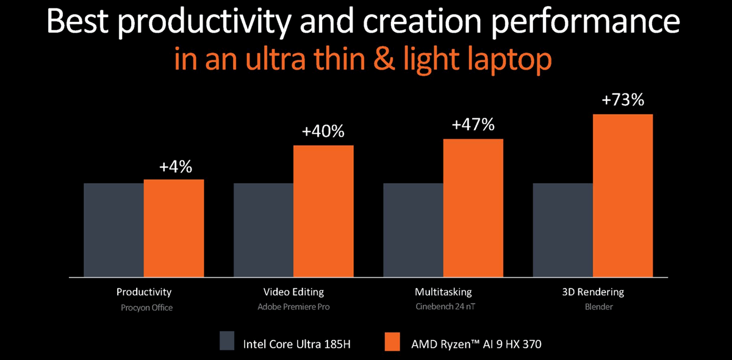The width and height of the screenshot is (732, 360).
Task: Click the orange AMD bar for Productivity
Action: tap(174, 228)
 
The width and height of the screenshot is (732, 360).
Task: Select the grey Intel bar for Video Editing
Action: tap(264, 230)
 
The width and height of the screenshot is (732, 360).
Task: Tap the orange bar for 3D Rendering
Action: tap(623, 195)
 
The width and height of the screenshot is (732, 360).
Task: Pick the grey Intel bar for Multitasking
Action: tap(413, 230)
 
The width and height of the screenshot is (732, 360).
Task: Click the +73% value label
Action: tap(623, 99)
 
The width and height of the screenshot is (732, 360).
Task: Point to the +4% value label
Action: tap(174, 166)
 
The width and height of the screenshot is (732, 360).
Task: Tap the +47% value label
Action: tap(473, 124)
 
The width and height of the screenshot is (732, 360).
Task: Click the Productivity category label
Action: tap(144, 292)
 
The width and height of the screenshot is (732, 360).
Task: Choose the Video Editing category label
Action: tap(293, 292)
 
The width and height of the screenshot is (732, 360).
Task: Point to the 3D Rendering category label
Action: tap(593, 292)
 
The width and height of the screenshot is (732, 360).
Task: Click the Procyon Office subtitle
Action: tap(146, 308)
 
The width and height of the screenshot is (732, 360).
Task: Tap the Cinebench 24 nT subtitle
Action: tap(444, 307)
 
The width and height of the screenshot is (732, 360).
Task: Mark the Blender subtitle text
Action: tap(597, 307)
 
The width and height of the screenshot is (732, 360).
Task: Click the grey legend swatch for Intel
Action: tap(227, 340)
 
